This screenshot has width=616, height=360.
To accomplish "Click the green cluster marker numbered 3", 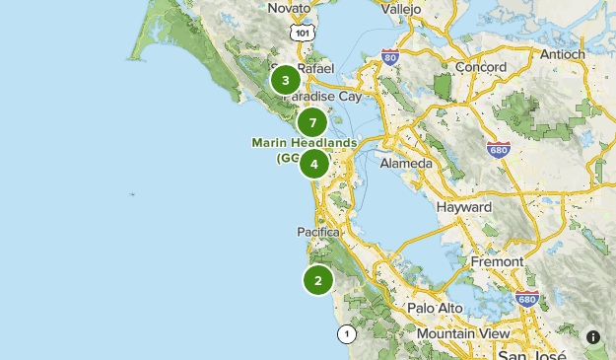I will (x=285, y=80).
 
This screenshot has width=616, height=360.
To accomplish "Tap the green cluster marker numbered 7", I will (x=312, y=122).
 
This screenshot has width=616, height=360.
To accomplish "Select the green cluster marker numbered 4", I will (x=314, y=164).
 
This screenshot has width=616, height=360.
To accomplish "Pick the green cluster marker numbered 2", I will (x=318, y=280).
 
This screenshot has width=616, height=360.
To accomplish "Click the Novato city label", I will (x=289, y=8).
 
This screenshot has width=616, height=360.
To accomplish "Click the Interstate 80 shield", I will (x=390, y=58).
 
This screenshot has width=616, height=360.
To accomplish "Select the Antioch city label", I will (x=560, y=53).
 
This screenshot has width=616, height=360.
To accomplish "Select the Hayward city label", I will (x=464, y=208).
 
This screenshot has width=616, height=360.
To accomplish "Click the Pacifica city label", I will (x=318, y=232).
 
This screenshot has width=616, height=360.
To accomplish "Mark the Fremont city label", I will (x=497, y=263).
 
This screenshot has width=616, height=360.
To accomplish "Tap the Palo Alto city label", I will (x=435, y=308).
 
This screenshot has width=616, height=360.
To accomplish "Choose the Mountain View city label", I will (x=462, y=334).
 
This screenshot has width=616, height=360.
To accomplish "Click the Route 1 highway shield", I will (x=346, y=334).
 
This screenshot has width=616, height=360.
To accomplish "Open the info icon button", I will (x=593, y=336).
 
